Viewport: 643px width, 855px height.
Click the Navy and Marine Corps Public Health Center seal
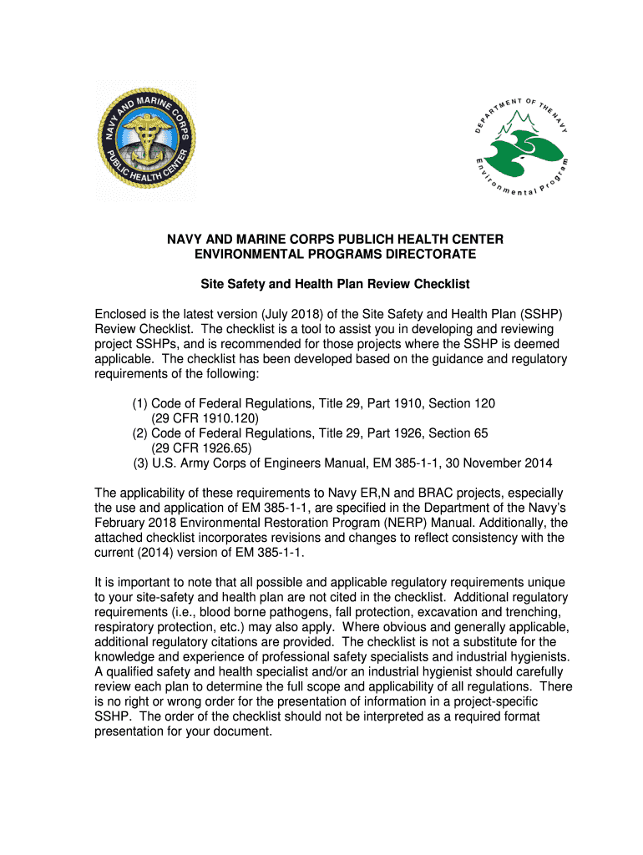click(146, 140)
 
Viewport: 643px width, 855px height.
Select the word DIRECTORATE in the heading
click(416, 253)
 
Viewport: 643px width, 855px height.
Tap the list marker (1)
click(139, 403)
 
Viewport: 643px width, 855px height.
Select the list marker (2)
click(139, 433)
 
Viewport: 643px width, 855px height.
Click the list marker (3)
click(141, 463)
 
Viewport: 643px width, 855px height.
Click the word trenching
click(533, 612)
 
